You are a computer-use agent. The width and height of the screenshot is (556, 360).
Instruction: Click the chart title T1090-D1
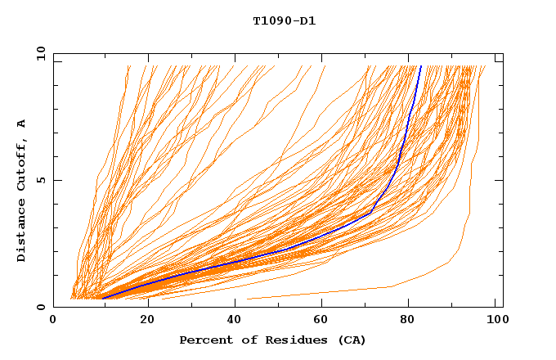pos(284,20)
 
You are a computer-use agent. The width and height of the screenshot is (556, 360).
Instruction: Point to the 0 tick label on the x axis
pos(53,321)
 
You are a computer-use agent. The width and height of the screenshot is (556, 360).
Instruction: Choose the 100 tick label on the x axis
pos(495,321)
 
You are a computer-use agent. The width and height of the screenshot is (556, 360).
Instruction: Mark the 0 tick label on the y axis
pos(41,308)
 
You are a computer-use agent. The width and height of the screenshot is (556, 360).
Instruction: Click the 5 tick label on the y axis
pos(41,180)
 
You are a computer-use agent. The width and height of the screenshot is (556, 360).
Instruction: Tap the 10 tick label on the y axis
pos(38,53)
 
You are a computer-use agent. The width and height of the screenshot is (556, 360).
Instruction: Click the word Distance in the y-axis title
pos(21,232)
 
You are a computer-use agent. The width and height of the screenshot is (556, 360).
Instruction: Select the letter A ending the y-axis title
pos(21,124)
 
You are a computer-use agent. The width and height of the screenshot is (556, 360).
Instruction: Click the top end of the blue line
pos(420,66)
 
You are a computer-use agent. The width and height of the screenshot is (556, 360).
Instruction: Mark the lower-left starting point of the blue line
pos(101,298)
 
